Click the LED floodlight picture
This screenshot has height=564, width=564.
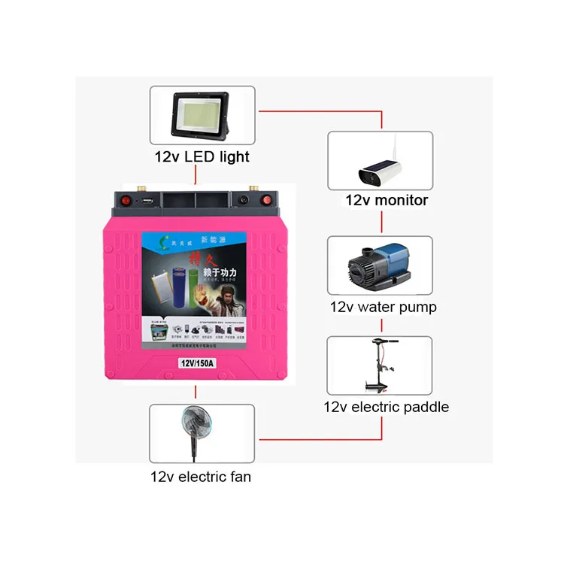202,117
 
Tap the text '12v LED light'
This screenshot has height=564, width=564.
202,157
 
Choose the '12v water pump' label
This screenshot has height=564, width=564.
383,307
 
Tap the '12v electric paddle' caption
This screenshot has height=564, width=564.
386,407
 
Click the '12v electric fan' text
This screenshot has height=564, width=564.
201,476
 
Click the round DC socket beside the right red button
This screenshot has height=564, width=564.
244,201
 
